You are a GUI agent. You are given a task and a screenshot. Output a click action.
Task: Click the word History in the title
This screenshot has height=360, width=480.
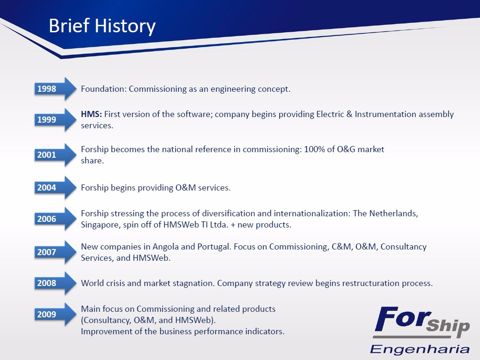(x=125, y=26)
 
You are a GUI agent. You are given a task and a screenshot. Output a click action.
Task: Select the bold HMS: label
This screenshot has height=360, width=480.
(x=91, y=114)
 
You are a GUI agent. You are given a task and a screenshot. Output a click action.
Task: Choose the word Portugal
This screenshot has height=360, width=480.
(x=214, y=247)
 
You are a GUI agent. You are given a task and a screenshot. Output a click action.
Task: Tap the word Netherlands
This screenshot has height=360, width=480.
(x=394, y=213)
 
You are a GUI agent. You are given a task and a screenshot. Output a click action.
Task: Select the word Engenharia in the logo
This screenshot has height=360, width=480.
(x=420, y=349)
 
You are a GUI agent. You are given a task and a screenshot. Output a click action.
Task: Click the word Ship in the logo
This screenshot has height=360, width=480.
(x=448, y=327)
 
